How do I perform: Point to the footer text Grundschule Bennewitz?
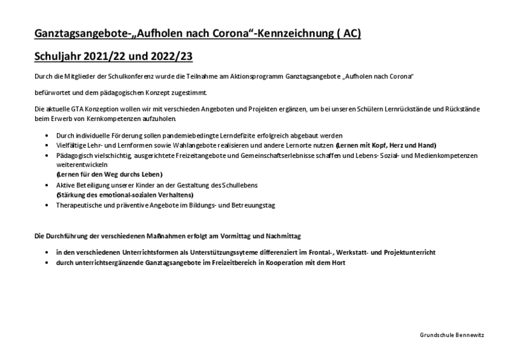point(452,335)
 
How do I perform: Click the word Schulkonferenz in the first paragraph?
point(113,76)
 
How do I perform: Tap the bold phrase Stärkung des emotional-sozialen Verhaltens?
point(125,194)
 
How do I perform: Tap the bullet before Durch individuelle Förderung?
point(48,136)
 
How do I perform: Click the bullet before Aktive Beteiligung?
point(48,185)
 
